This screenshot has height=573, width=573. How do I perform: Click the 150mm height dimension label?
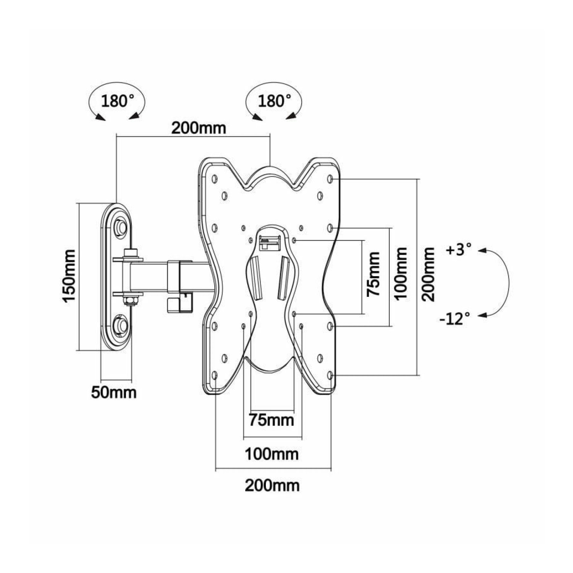(70, 276)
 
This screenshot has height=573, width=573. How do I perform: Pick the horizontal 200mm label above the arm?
(198, 128)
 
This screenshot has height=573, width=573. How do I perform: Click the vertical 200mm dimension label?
(429, 274)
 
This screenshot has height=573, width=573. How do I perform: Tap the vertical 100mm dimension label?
(401, 274)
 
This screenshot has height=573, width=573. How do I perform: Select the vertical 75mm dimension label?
(373, 274)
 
